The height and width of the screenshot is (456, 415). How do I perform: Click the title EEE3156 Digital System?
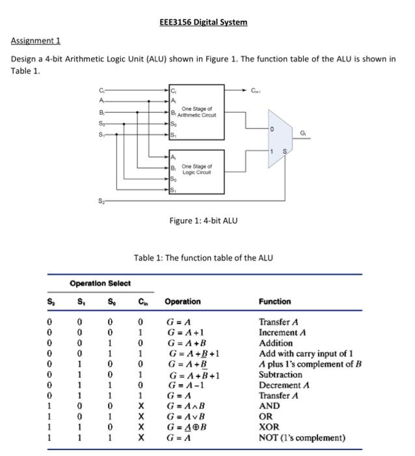pyautogui.click(x=203, y=22)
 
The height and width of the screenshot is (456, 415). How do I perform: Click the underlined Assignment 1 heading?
pyautogui.click(x=36, y=40)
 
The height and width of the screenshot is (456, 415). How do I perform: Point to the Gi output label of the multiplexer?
pyautogui.click(x=302, y=134)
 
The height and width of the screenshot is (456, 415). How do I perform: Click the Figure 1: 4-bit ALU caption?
pyautogui.click(x=204, y=220)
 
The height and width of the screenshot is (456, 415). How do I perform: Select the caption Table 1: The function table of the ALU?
pyautogui.click(x=204, y=258)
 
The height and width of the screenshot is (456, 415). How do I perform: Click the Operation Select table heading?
pyautogui.click(x=100, y=283)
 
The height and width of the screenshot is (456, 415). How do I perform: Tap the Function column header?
pyautogui.click(x=274, y=302)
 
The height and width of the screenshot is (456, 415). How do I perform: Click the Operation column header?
pyautogui.click(x=183, y=302)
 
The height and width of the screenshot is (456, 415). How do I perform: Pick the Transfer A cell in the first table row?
pyautogui.click(x=278, y=322)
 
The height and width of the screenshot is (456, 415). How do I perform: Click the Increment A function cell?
pyautogui.click(x=282, y=332)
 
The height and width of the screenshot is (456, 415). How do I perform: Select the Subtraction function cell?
pyautogui.click(x=280, y=375)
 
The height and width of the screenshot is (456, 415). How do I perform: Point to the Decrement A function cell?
pyautogui.click(x=284, y=385)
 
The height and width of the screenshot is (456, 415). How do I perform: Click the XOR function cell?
pyautogui.click(x=269, y=427)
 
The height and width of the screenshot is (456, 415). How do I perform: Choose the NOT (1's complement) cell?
pyautogui.click(x=302, y=438)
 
